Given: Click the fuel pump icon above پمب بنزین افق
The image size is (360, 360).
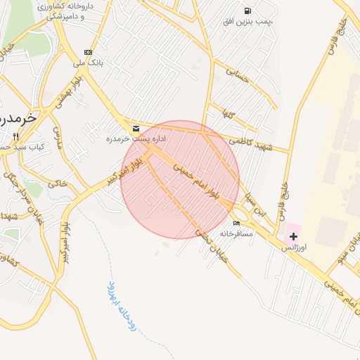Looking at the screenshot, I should [247, 11].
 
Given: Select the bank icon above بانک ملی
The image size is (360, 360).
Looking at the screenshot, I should [88, 52].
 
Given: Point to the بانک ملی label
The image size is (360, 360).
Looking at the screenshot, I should [89, 63].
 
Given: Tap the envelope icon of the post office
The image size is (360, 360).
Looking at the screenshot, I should [136, 129].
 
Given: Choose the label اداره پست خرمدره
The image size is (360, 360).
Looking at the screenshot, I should [136, 139].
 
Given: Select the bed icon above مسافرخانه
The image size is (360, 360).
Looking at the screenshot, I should [236, 223].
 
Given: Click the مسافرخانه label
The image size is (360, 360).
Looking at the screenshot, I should [236, 233].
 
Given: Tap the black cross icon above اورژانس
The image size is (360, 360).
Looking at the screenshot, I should [293, 236].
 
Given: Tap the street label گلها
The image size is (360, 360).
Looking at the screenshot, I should [230, 114].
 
